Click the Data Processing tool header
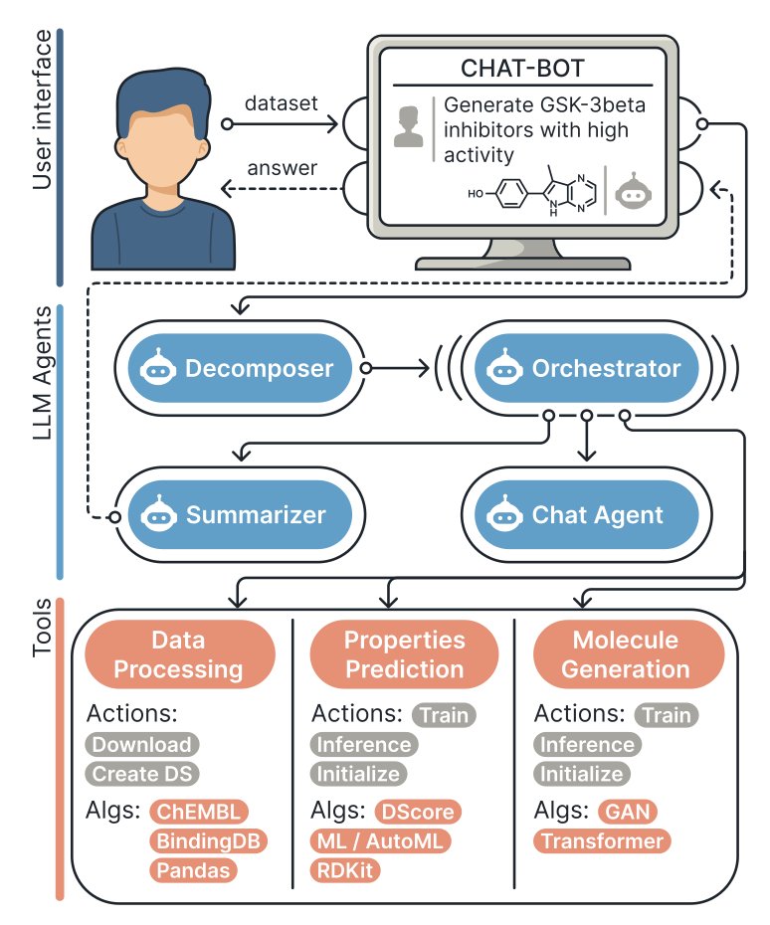178,653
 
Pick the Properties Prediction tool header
403,653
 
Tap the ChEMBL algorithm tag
199,812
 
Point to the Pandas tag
194,871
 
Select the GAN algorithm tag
628,812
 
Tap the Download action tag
142,744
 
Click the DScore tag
418,812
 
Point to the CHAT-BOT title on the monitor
521,69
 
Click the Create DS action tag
142,774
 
